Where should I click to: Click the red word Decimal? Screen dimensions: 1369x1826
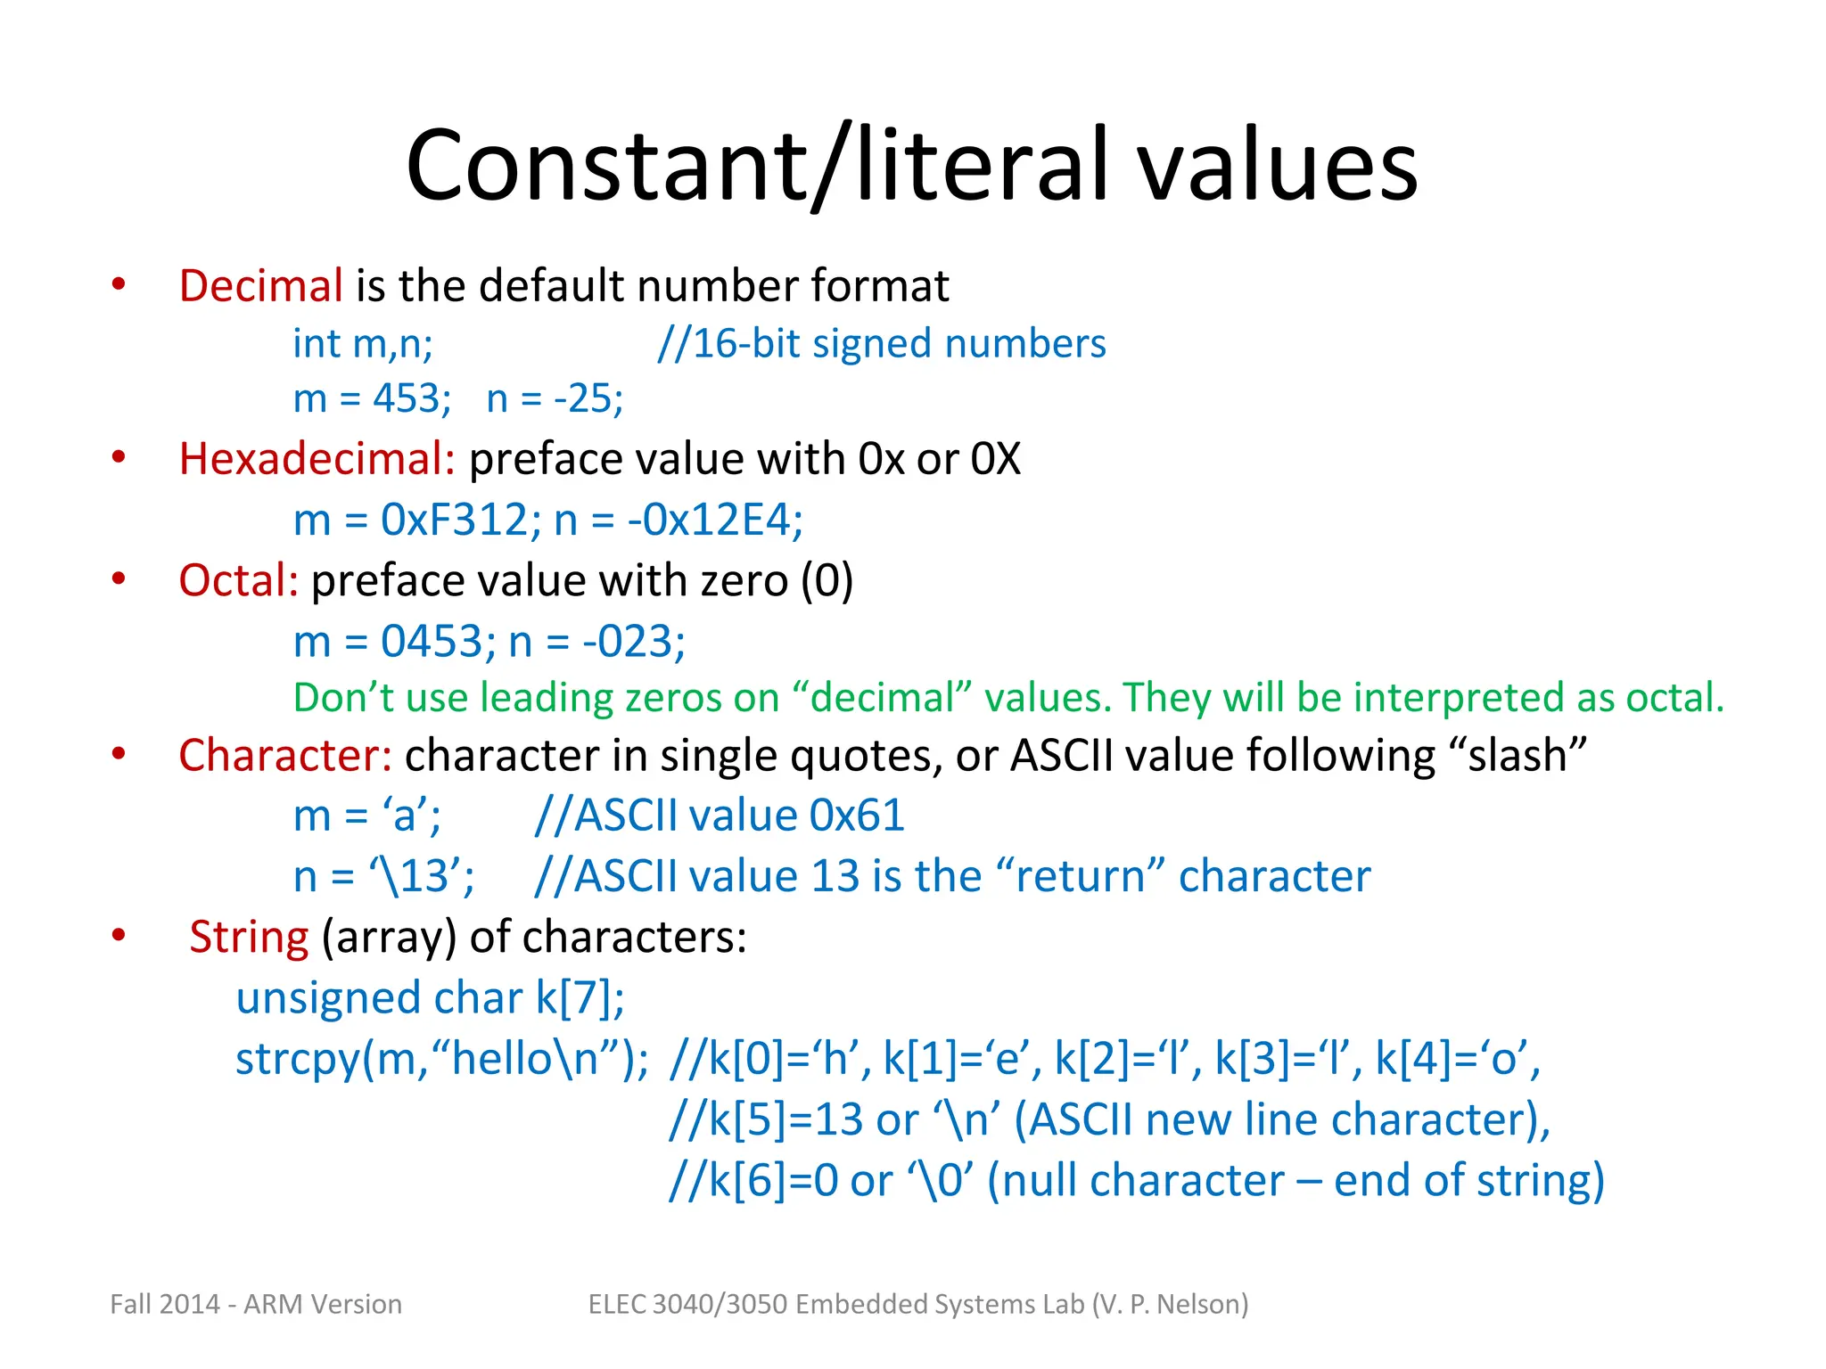tap(260, 286)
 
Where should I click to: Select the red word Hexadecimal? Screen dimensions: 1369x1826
tap(317, 459)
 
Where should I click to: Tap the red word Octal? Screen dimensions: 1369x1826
tap(237, 581)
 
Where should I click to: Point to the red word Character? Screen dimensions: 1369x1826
tap(284, 756)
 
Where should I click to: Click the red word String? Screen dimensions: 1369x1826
tap(249, 938)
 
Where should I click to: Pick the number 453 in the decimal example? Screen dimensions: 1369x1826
tap(411, 398)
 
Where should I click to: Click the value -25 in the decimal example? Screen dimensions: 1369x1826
tap(588, 398)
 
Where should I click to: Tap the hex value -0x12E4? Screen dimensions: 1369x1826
tap(714, 520)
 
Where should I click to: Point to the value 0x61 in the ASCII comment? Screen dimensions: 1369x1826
tap(857, 816)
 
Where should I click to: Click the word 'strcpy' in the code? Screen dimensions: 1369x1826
tap(297, 1060)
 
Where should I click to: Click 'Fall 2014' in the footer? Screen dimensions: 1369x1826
tap(165, 1304)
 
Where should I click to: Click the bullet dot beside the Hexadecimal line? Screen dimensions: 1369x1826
tap(119, 458)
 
